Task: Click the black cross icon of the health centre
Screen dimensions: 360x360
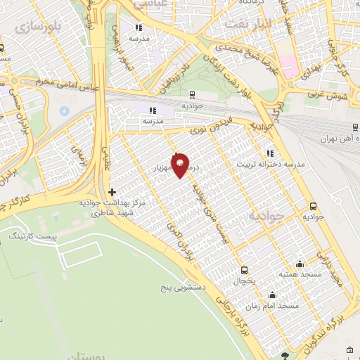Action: point(112,192)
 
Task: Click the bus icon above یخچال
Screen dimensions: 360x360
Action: point(244,270)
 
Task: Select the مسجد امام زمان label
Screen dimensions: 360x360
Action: point(272,307)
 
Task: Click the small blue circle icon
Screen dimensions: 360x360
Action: point(64,111)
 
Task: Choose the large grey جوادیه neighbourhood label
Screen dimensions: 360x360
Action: point(265,217)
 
